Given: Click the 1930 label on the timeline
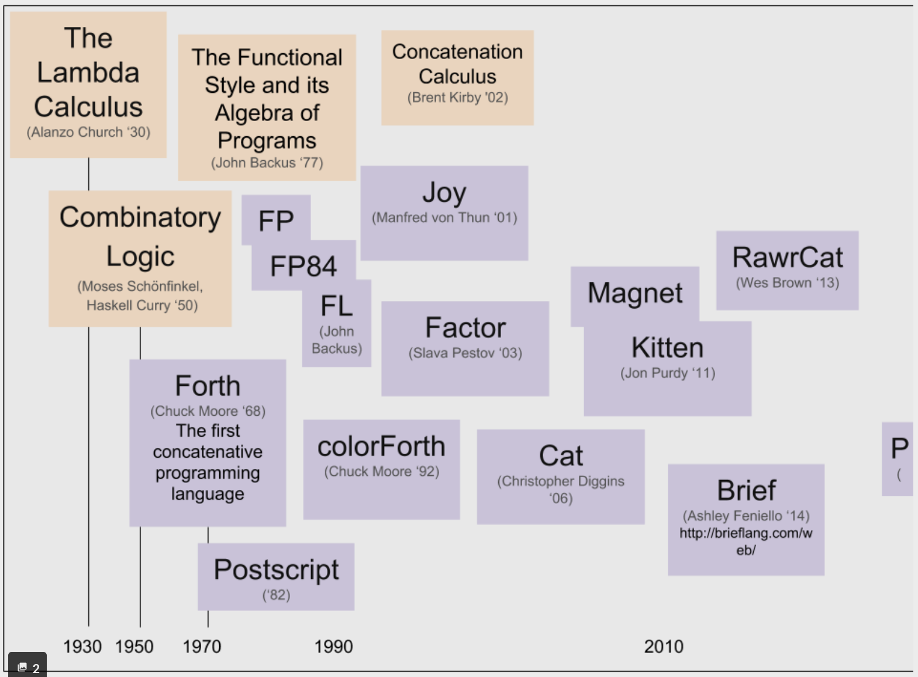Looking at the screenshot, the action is pyautogui.click(x=82, y=647).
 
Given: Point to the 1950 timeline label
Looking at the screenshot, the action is pyautogui.click(x=134, y=647).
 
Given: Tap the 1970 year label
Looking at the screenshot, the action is pyautogui.click(x=202, y=647).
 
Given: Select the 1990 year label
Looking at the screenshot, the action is pyautogui.click(x=333, y=647).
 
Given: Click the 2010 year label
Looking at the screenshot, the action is pyautogui.click(x=664, y=647).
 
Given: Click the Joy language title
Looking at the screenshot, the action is pyautogui.click(x=444, y=193).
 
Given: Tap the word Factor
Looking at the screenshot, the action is pyautogui.click(x=465, y=328).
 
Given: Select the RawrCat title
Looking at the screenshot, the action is pyautogui.click(x=788, y=258).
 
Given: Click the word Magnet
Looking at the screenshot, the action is pyautogui.click(x=635, y=293).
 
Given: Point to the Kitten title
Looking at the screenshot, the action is pyautogui.click(x=668, y=348).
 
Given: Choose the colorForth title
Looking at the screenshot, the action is pyautogui.click(x=381, y=447).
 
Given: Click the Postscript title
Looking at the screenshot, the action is pyautogui.click(x=276, y=570).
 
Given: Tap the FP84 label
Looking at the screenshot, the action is pyautogui.click(x=303, y=267).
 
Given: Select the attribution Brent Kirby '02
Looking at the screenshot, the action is pyautogui.click(x=457, y=98).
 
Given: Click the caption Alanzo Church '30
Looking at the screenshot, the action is pyautogui.click(x=88, y=133).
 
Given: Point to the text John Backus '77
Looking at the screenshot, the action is pyautogui.click(x=267, y=163).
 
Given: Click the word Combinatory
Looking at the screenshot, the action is pyautogui.click(x=140, y=217).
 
